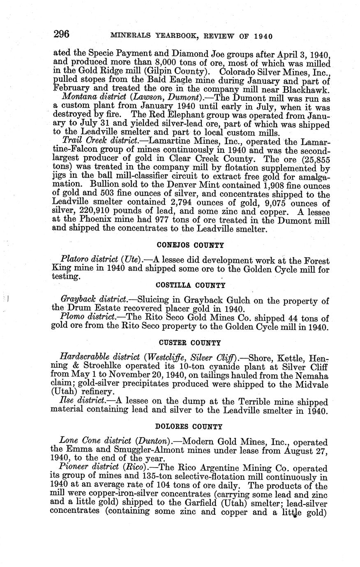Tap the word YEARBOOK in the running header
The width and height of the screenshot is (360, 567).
pos(175,36)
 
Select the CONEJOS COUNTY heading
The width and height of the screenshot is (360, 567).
pos(190,245)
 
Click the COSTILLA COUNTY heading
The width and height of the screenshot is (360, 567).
pos(190,285)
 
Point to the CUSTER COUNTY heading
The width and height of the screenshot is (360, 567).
pos(190,343)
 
